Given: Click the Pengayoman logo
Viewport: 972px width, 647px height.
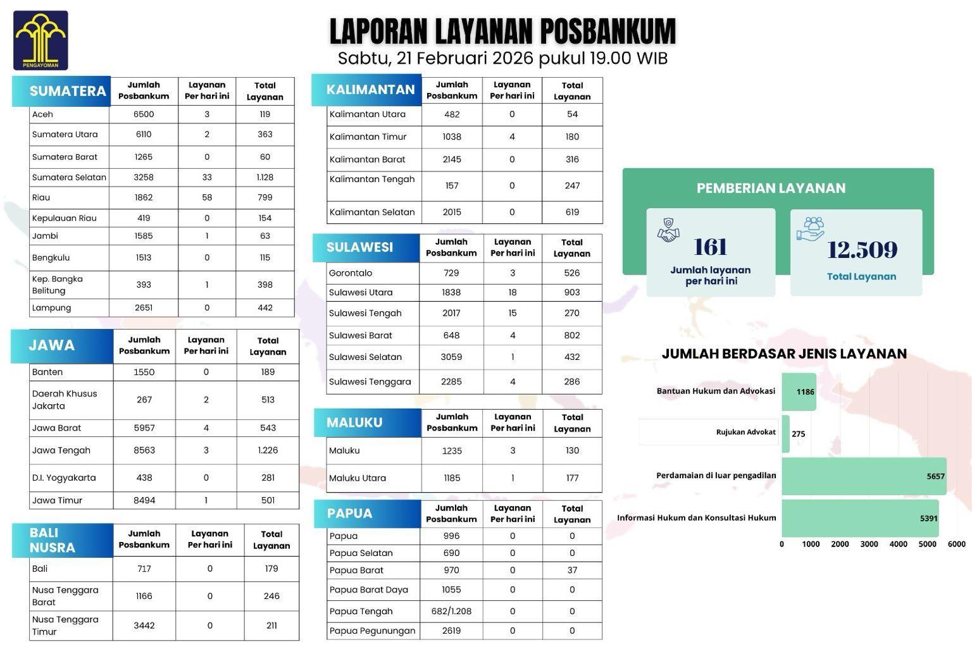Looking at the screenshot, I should [40, 40].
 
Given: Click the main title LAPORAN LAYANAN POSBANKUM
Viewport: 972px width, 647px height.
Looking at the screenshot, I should [502, 32].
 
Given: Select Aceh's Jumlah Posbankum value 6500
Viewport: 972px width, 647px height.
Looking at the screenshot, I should [144, 114].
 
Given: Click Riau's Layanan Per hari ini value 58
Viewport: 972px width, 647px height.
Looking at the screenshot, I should [207, 197].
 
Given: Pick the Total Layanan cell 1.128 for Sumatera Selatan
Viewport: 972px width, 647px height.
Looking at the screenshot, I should [265, 177].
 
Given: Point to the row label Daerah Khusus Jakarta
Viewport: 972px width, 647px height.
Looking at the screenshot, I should [65, 400].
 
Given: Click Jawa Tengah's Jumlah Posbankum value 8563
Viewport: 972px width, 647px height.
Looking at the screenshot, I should [144, 450].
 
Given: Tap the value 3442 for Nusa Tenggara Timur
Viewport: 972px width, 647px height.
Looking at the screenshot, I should [144, 625].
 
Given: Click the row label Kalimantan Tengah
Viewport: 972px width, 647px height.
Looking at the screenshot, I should [372, 180].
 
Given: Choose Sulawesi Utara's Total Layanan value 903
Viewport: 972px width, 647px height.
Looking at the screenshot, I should [572, 292].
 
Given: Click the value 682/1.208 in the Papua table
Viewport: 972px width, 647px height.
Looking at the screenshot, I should [451, 611].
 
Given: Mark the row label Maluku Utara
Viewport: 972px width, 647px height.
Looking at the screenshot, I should [358, 478].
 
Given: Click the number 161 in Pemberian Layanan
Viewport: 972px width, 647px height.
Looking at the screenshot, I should [711, 247].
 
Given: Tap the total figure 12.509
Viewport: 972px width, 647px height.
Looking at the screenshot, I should [862, 250].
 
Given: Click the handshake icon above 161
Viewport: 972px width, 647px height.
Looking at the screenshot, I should [668, 230].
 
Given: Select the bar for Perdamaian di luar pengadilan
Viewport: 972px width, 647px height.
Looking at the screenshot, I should [864, 476].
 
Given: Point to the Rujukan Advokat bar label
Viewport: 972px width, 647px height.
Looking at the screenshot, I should [745, 432].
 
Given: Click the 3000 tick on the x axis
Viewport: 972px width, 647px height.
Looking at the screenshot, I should [869, 545].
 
